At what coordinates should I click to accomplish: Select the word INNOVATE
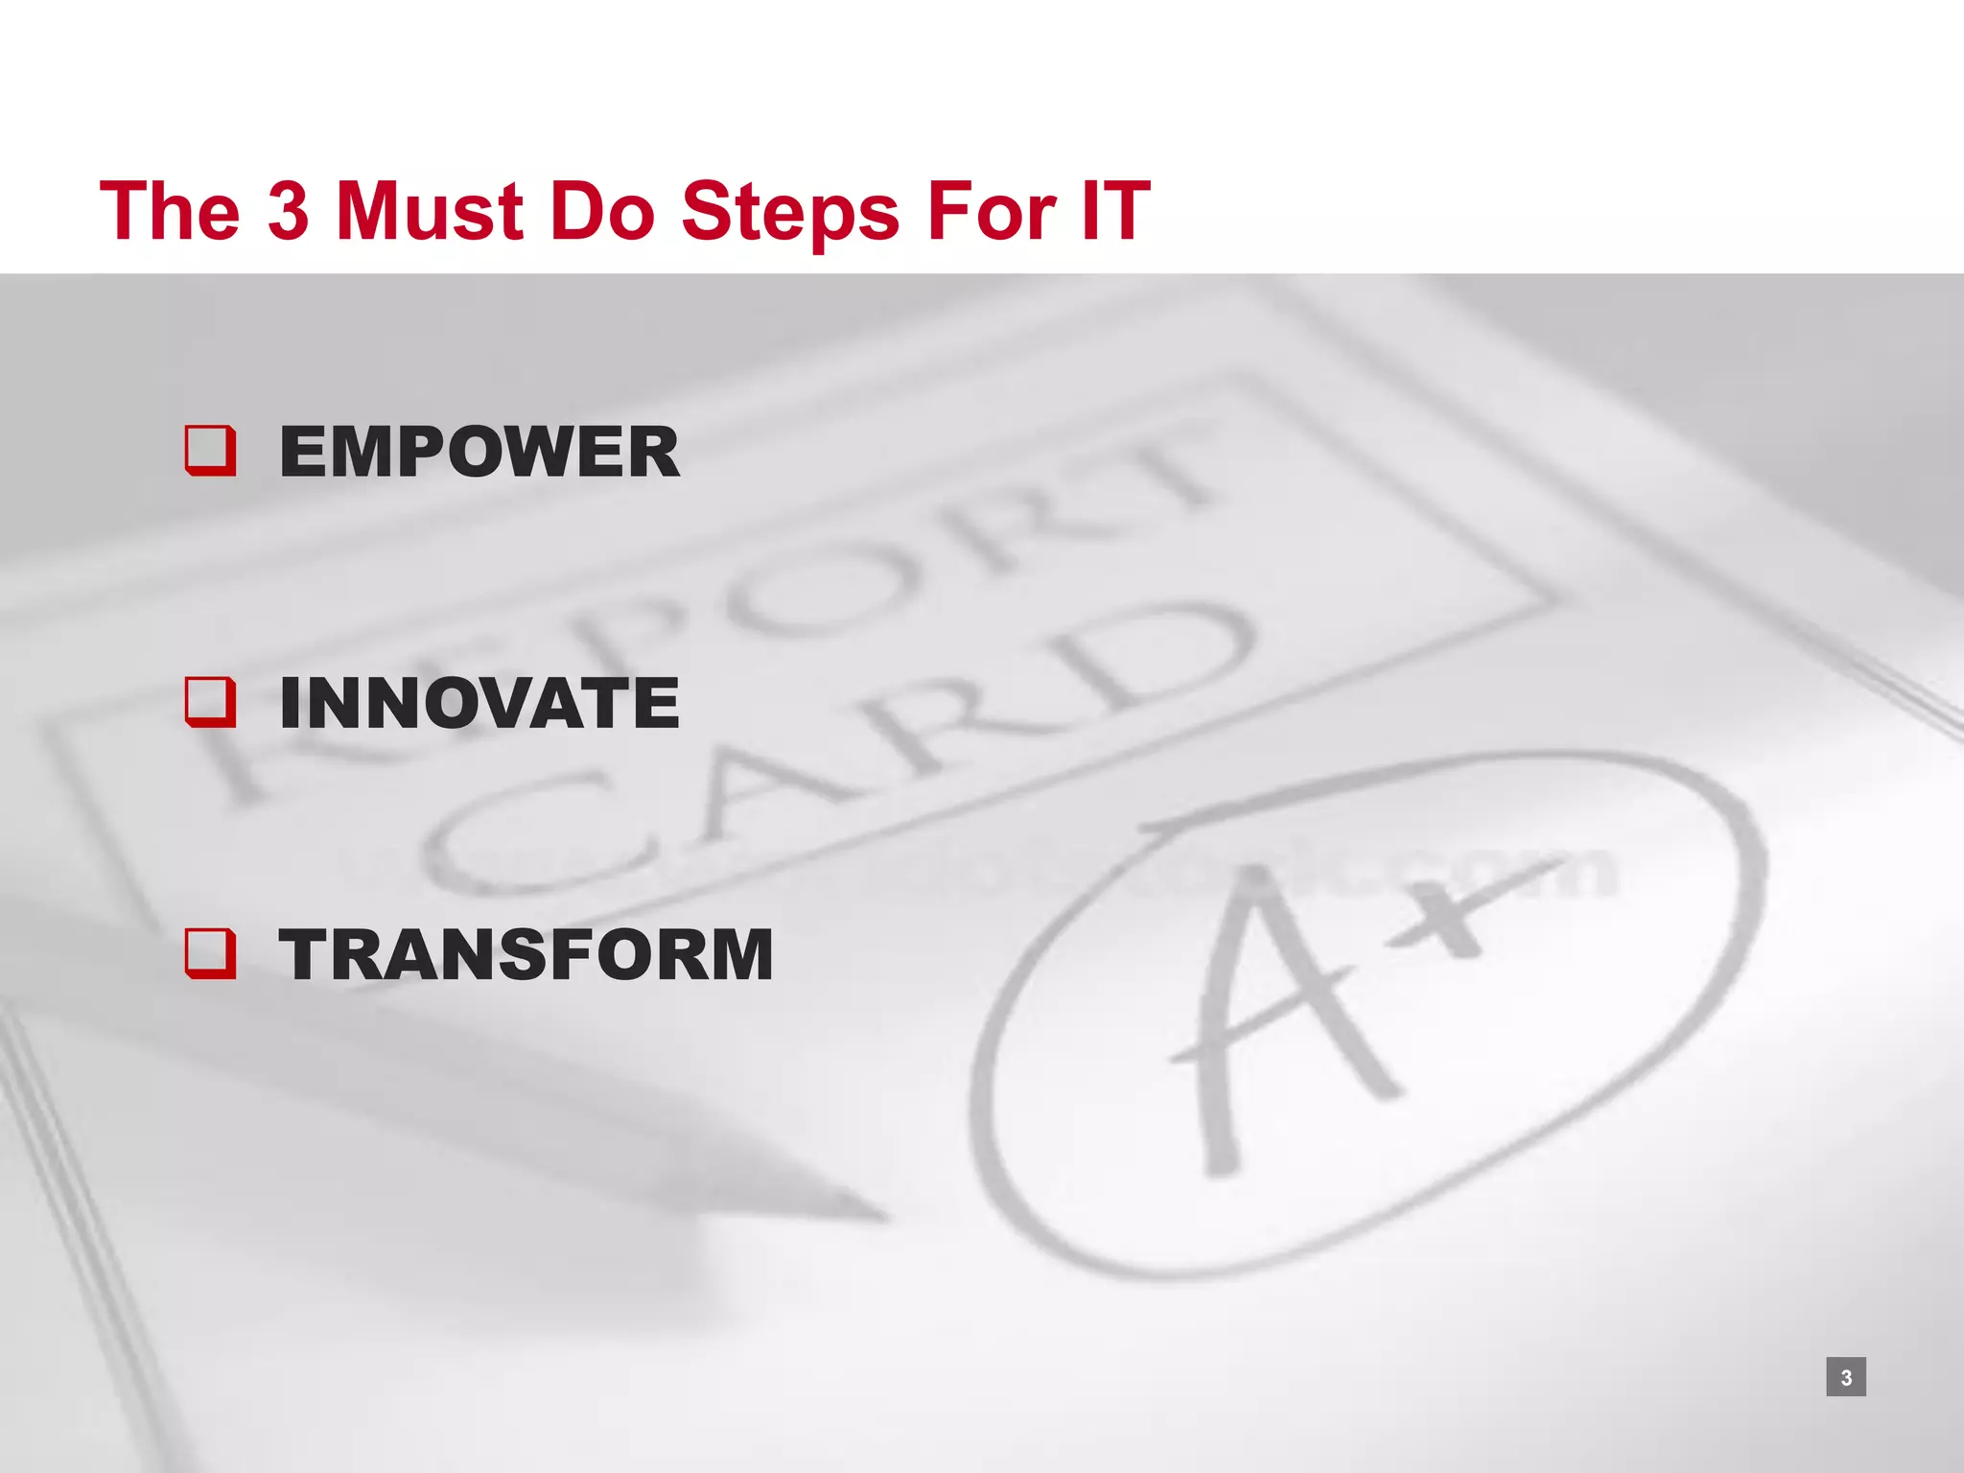coord(479,703)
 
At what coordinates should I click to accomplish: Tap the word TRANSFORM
coord(526,955)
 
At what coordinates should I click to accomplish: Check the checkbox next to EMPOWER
coord(210,451)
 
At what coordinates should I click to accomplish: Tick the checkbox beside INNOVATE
coord(210,702)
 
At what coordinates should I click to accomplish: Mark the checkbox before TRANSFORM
coord(210,953)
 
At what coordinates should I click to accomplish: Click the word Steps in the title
coord(790,213)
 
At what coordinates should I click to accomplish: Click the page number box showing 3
coord(1846,1377)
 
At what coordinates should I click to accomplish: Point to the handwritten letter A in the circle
coord(1275,1017)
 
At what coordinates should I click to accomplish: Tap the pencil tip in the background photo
coord(863,1210)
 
